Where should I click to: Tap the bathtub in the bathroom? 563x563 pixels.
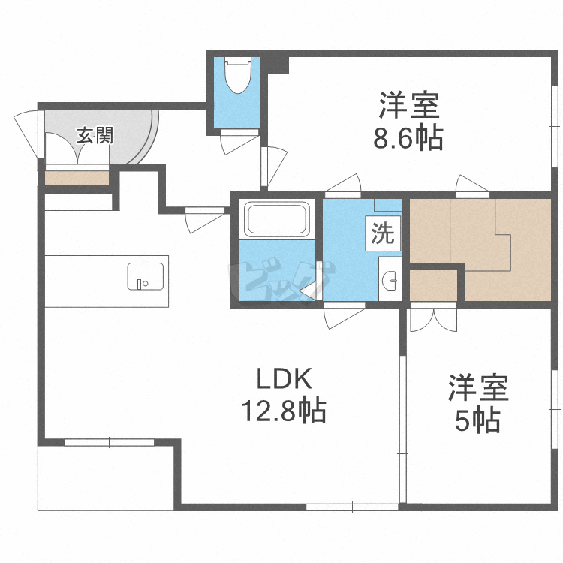[x=278, y=218]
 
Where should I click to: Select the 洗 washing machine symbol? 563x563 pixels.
[x=382, y=234]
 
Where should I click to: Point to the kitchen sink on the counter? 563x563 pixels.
[x=143, y=275]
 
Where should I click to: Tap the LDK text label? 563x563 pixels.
[x=283, y=380]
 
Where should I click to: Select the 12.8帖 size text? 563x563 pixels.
[x=283, y=411]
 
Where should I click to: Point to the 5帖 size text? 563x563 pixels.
[x=477, y=421]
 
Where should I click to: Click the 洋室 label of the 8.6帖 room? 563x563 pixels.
[x=408, y=106]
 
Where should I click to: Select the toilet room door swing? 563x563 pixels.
[x=239, y=141]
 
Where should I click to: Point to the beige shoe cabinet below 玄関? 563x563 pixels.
[x=77, y=178]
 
